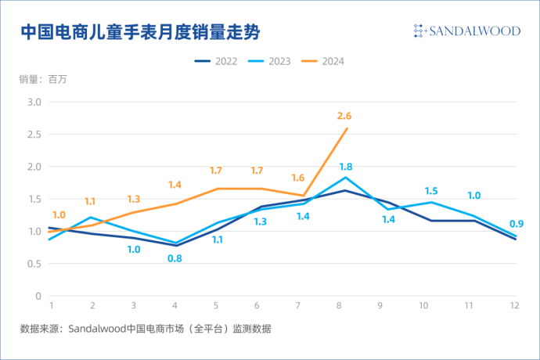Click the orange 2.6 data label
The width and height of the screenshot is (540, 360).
[x=344, y=117]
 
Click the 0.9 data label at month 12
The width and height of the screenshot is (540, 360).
[x=517, y=224]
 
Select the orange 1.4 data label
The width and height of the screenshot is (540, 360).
[x=175, y=185]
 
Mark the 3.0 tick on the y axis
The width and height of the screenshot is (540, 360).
[x=34, y=102]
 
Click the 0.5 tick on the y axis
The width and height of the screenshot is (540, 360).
[x=34, y=264]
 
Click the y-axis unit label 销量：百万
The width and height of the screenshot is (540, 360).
[x=43, y=79]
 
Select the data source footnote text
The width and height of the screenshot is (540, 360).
[x=146, y=329]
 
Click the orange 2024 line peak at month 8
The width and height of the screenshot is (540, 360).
[x=347, y=128]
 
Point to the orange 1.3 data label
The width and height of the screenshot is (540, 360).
[x=133, y=200]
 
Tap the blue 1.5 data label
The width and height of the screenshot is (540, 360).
[x=431, y=191]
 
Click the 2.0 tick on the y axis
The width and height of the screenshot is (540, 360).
[x=34, y=167]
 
